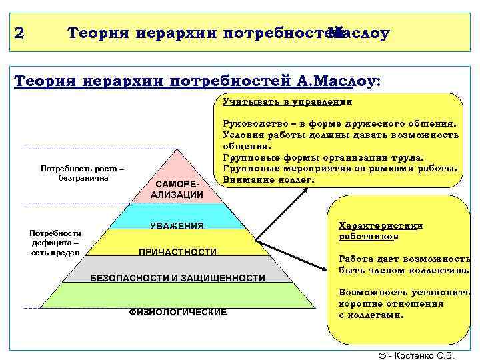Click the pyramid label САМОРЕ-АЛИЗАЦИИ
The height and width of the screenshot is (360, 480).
177,189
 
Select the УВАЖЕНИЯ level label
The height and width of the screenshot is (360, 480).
177,225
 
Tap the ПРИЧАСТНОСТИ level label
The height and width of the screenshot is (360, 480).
177,251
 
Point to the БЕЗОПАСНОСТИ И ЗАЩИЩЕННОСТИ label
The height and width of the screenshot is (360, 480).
177,277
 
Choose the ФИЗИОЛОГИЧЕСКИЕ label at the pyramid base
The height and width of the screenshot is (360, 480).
177,311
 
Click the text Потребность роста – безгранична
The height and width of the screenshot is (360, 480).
82,173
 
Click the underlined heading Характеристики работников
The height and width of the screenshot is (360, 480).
380,231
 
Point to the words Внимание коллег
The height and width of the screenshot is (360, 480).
269,179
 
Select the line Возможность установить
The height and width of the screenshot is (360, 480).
404,292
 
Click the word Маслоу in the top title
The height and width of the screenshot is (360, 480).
360,33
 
